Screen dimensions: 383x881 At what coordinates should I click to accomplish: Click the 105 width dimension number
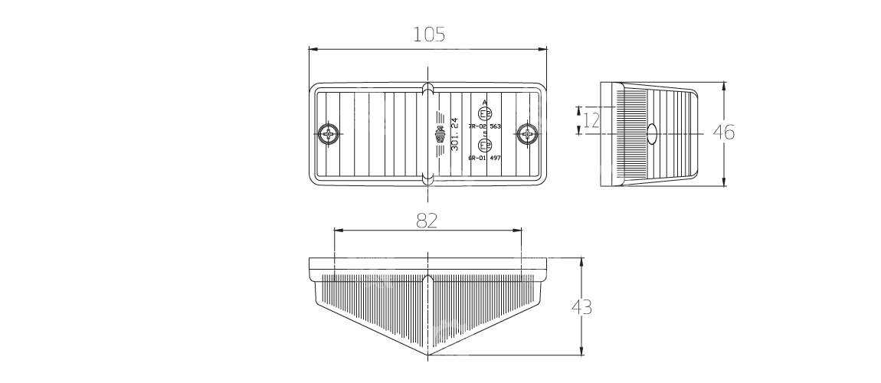[x=427, y=34]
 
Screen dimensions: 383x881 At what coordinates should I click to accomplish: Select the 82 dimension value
[x=427, y=221]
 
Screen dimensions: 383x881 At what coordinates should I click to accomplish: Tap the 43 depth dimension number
[x=581, y=307]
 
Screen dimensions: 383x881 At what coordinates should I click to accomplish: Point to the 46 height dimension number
[x=723, y=133]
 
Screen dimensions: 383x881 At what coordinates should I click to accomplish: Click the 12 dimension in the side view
[x=591, y=120]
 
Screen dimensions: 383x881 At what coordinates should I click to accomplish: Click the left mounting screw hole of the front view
[x=329, y=135]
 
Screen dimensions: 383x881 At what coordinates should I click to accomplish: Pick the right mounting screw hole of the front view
[x=526, y=135]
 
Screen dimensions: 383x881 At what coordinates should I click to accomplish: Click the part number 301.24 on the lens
[x=455, y=134]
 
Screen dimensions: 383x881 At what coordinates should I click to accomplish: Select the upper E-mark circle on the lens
[x=483, y=113]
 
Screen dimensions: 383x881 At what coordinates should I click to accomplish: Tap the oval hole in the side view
[x=653, y=133]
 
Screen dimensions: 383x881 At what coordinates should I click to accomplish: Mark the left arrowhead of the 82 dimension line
[x=338, y=230]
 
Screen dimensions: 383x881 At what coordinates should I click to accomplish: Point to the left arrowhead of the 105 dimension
[x=311, y=49]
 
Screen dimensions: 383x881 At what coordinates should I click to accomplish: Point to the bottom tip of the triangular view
[x=429, y=355]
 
